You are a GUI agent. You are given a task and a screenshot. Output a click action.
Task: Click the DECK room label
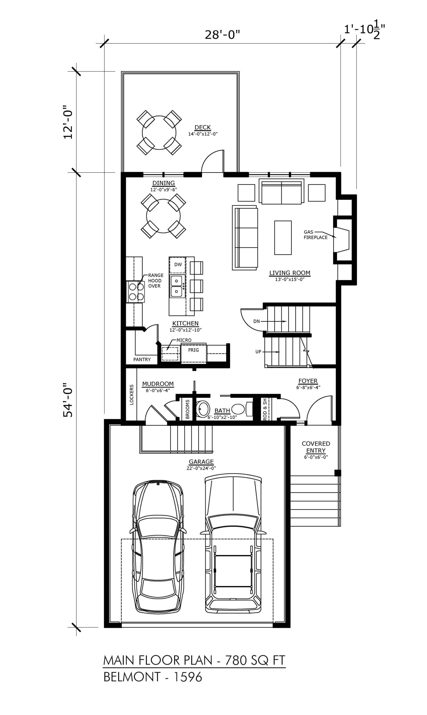pos(202,127)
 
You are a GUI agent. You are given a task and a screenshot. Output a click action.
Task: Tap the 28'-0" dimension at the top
pos(222,35)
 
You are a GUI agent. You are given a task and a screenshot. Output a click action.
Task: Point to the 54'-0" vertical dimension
pos(69,400)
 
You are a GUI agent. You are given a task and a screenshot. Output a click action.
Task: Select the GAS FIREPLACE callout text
pos(315,235)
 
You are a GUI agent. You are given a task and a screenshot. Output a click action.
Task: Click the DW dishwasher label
pos(178,264)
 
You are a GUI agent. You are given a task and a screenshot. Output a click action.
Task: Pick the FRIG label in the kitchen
pos(193,350)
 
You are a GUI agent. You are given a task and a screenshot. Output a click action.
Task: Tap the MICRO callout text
pos(184,340)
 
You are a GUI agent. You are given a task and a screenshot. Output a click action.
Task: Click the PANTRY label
pos(142,359)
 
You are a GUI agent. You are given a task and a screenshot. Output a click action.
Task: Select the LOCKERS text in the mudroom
pos(132,395)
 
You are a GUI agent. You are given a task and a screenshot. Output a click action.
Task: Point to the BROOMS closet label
pos(187,409)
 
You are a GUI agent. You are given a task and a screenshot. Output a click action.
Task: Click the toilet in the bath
pos(241,409)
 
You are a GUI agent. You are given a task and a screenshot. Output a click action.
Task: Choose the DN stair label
pos(257,321)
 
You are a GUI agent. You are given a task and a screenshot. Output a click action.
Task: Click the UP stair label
pos(258,352)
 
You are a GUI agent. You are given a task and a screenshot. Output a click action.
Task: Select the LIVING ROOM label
pos(290,273)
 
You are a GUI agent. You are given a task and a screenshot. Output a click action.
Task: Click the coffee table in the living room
pos(283,238)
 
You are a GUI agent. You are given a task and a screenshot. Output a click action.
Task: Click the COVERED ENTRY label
pos(316,447)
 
